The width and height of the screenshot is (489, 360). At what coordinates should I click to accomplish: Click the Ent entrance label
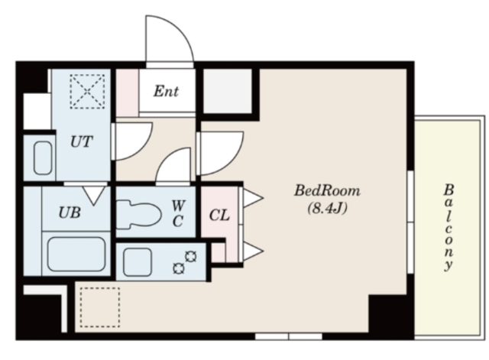[x=166, y=92]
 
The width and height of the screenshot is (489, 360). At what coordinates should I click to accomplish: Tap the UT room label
[x=82, y=141]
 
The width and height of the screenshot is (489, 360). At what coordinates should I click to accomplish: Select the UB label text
[x=70, y=212]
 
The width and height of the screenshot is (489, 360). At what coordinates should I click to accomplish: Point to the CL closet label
[x=219, y=216]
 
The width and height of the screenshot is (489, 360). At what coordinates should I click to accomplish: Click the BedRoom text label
[x=327, y=190]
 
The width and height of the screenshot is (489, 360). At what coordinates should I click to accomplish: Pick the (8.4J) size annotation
[x=327, y=208]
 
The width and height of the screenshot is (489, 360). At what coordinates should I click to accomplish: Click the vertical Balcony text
[x=449, y=228]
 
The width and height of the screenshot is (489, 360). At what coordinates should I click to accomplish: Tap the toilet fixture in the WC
[x=139, y=215]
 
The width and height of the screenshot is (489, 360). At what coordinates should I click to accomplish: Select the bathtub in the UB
[x=76, y=254]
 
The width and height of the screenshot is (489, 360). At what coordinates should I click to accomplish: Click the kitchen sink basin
[x=138, y=262]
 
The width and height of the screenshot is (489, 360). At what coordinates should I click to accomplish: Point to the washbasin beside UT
[x=43, y=158]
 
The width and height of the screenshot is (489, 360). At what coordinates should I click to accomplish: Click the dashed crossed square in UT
[x=87, y=92]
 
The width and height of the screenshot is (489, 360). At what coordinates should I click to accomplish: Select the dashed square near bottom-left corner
[x=100, y=307]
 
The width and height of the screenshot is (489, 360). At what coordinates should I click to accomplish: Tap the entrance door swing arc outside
[x=180, y=30]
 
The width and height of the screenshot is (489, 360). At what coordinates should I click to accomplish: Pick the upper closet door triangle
[x=253, y=197]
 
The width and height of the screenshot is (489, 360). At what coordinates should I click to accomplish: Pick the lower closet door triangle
[x=253, y=251]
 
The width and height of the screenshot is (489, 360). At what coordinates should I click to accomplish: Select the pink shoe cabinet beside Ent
[x=128, y=93]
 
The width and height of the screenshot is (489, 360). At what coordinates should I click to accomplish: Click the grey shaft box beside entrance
[x=228, y=92]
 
